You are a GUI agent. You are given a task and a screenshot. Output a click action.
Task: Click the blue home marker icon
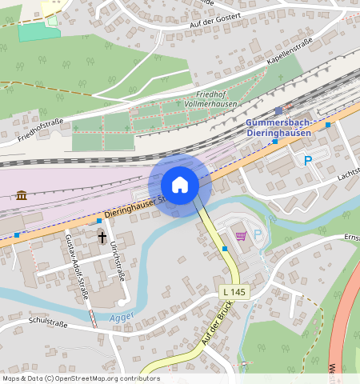click(180, 185)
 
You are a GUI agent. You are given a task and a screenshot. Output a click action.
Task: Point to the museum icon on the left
click(21, 194)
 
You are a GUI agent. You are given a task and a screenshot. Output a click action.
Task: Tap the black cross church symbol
click(102, 237)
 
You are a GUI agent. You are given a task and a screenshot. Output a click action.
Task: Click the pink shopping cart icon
click(241, 236)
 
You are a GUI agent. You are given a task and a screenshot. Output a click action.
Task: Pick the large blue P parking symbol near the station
click(308, 161)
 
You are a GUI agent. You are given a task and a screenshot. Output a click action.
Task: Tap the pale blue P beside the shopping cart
click(258, 235)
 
